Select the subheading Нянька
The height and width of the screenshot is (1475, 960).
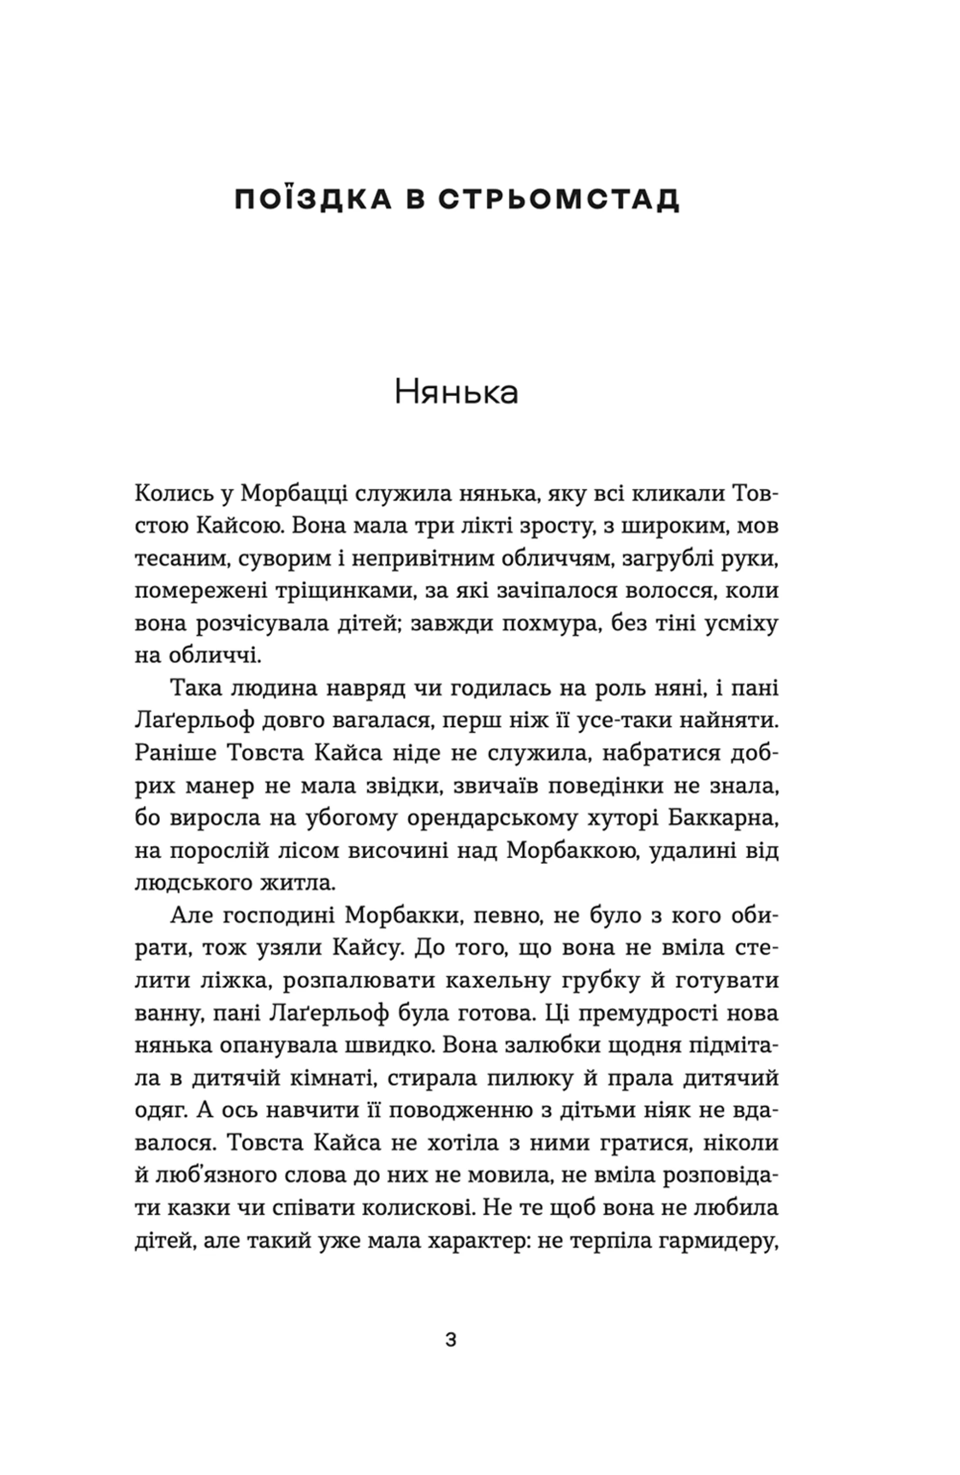coord(456,393)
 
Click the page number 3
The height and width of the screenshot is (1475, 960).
coord(451,1340)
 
